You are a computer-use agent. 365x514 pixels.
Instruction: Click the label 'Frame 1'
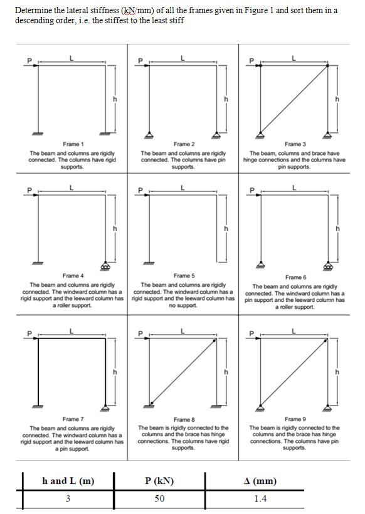pyautogui.click(x=73, y=144)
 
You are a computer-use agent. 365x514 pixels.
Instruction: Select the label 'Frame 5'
pyautogui.click(x=184, y=276)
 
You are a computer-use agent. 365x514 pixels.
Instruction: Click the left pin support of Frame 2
pyautogui.click(x=150, y=134)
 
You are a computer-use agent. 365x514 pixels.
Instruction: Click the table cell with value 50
pyautogui.click(x=159, y=499)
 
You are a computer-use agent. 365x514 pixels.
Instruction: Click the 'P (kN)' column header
pyautogui.click(x=159, y=481)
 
